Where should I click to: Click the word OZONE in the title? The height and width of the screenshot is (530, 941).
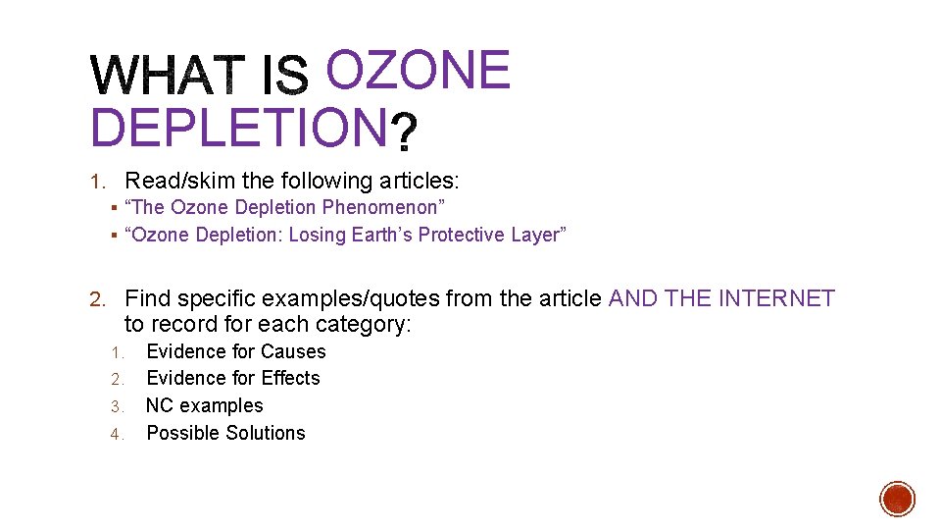coord(418,71)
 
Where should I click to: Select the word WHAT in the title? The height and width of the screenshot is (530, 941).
coord(169,77)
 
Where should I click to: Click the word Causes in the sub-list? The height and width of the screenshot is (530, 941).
coord(293,351)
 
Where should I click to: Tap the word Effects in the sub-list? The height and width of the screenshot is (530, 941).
coord(290,378)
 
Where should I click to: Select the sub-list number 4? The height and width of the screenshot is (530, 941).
coord(115,434)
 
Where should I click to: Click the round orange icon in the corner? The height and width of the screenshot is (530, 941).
coord(897,499)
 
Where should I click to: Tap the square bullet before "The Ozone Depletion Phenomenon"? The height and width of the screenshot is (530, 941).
coord(115,208)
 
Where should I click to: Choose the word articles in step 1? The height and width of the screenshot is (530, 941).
coord(420,181)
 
